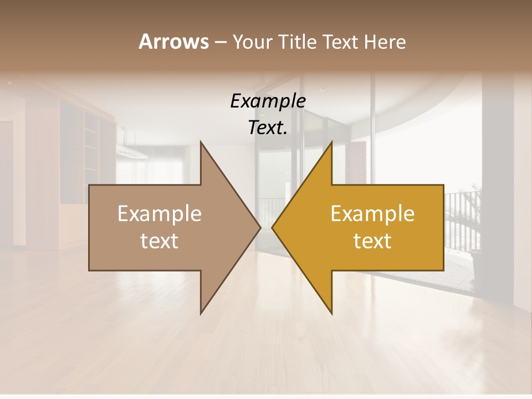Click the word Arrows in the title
173,42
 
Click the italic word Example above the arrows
268,101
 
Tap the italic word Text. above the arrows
268,127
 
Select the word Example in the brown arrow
160,214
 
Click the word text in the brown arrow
160,241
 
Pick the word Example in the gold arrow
372,214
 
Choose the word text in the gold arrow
372,241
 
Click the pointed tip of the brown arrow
260,227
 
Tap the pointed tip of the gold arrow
273,227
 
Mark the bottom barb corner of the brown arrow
201,313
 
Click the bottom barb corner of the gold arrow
331,313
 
